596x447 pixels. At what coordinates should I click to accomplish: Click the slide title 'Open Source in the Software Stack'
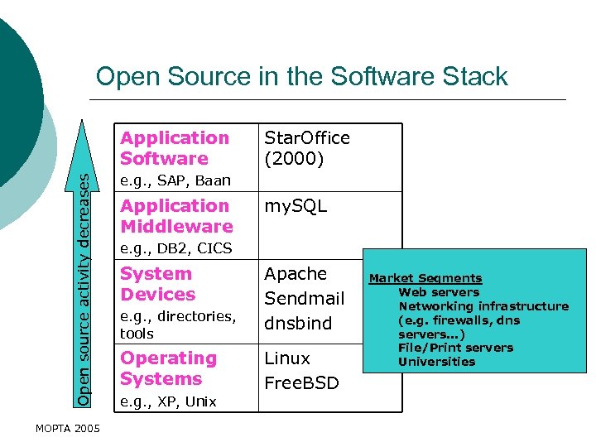pos(301,77)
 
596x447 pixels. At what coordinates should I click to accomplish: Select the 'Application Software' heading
pos(175,148)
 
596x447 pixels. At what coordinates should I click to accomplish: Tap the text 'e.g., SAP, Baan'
pos(175,180)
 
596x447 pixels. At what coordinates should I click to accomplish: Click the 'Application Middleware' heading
pos(176,216)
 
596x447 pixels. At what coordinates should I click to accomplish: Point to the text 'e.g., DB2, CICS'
pos(176,248)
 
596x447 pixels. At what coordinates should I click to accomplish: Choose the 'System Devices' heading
pos(158,284)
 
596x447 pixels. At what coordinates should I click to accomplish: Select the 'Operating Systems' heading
pos(168,368)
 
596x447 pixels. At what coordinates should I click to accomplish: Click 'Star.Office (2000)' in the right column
pos(306,148)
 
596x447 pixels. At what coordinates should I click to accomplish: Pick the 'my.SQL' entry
pos(296,206)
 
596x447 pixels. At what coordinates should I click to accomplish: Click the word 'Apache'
pos(296,274)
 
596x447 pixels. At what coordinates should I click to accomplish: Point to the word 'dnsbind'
pos(297,324)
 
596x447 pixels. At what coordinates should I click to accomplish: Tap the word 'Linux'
pos(287,358)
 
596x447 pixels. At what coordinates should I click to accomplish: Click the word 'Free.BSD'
pos(301,383)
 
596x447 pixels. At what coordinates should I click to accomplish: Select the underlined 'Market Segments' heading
pos(425,279)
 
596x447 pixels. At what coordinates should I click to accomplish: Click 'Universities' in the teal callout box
pos(436,362)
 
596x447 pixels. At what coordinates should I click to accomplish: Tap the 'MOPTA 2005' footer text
pos(68,428)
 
